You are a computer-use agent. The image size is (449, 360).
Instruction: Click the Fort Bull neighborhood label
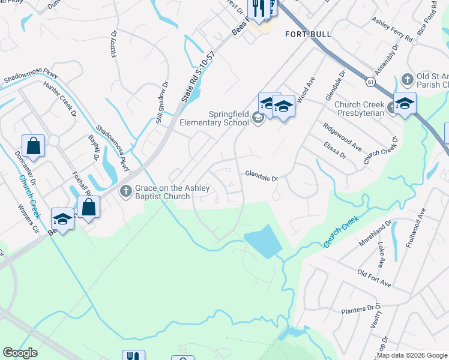point(308,34)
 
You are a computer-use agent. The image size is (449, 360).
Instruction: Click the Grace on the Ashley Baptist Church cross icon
point(125,192)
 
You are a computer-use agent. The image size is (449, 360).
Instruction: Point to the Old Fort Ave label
point(374,282)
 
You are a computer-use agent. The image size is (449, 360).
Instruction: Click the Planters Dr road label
point(357,310)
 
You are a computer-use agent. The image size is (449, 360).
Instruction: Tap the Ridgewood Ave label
point(342,137)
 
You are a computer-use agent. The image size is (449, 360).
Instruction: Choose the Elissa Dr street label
point(335,150)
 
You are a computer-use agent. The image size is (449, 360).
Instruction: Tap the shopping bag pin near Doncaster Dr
point(34,146)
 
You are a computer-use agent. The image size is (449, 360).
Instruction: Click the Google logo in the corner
point(20,353)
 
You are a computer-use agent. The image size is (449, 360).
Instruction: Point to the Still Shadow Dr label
point(159,109)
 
